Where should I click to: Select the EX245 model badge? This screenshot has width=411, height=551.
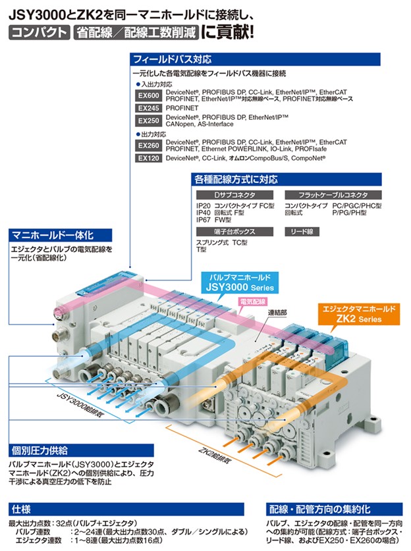click(x=148, y=107)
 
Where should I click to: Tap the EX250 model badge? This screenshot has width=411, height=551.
click(x=148, y=120)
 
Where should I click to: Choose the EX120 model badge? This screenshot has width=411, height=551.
click(x=148, y=159)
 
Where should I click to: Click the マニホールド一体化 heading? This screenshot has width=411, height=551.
click(x=53, y=234)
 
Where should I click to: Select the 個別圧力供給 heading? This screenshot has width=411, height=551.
click(x=40, y=451)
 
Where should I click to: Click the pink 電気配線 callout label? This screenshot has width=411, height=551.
click(x=253, y=301)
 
